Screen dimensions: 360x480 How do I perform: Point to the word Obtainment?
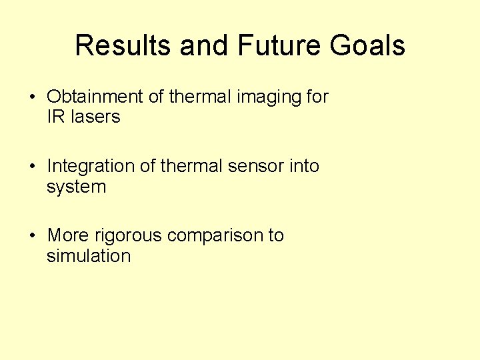coord(95,97)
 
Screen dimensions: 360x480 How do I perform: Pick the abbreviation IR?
coord(55,117)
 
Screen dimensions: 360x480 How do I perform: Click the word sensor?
coord(256,166)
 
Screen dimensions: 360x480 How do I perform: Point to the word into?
coord(304,166)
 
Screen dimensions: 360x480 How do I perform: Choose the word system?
coord(76,187)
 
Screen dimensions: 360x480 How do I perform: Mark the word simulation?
coord(88,255)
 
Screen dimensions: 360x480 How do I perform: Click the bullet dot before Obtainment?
coord(33,97)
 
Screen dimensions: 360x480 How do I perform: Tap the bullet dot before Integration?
coord(33,167)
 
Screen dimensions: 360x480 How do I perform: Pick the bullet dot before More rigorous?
coord(33,236)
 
